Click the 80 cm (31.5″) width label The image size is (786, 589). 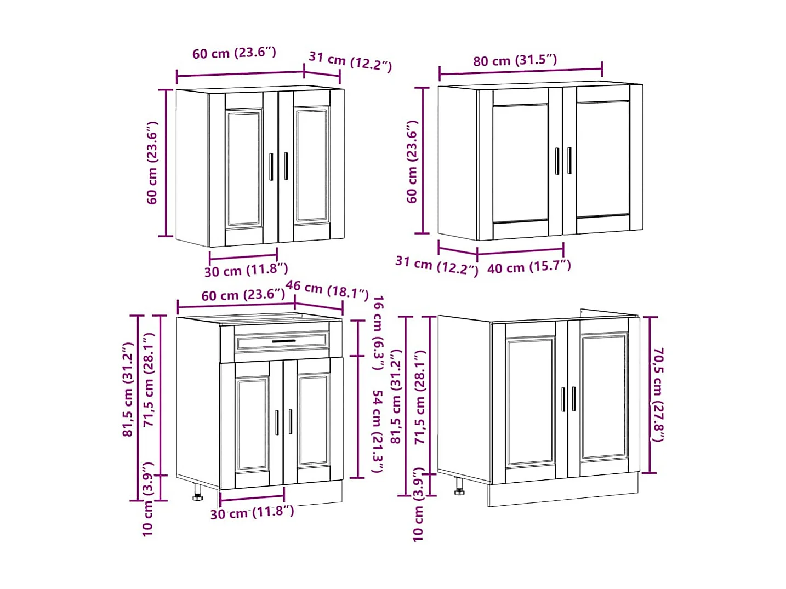515,60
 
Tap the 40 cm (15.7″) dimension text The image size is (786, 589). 529,267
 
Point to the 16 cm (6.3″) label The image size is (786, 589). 378,333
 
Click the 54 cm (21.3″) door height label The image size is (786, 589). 377,431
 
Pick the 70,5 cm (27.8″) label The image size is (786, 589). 658,394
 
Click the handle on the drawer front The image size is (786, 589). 283,341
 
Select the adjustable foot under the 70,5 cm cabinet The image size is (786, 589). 459,487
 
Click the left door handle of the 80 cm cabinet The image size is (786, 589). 557,161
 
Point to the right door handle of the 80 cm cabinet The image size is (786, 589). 569,161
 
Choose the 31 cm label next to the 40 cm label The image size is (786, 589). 437,266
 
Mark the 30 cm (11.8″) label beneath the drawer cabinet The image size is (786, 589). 252,513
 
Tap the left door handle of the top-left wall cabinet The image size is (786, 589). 271,167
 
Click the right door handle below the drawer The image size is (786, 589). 291,421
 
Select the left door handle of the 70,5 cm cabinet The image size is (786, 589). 563,399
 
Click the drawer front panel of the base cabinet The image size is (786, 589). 282,342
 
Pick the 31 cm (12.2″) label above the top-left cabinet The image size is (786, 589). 350,61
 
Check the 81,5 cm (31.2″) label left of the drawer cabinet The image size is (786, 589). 128,390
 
